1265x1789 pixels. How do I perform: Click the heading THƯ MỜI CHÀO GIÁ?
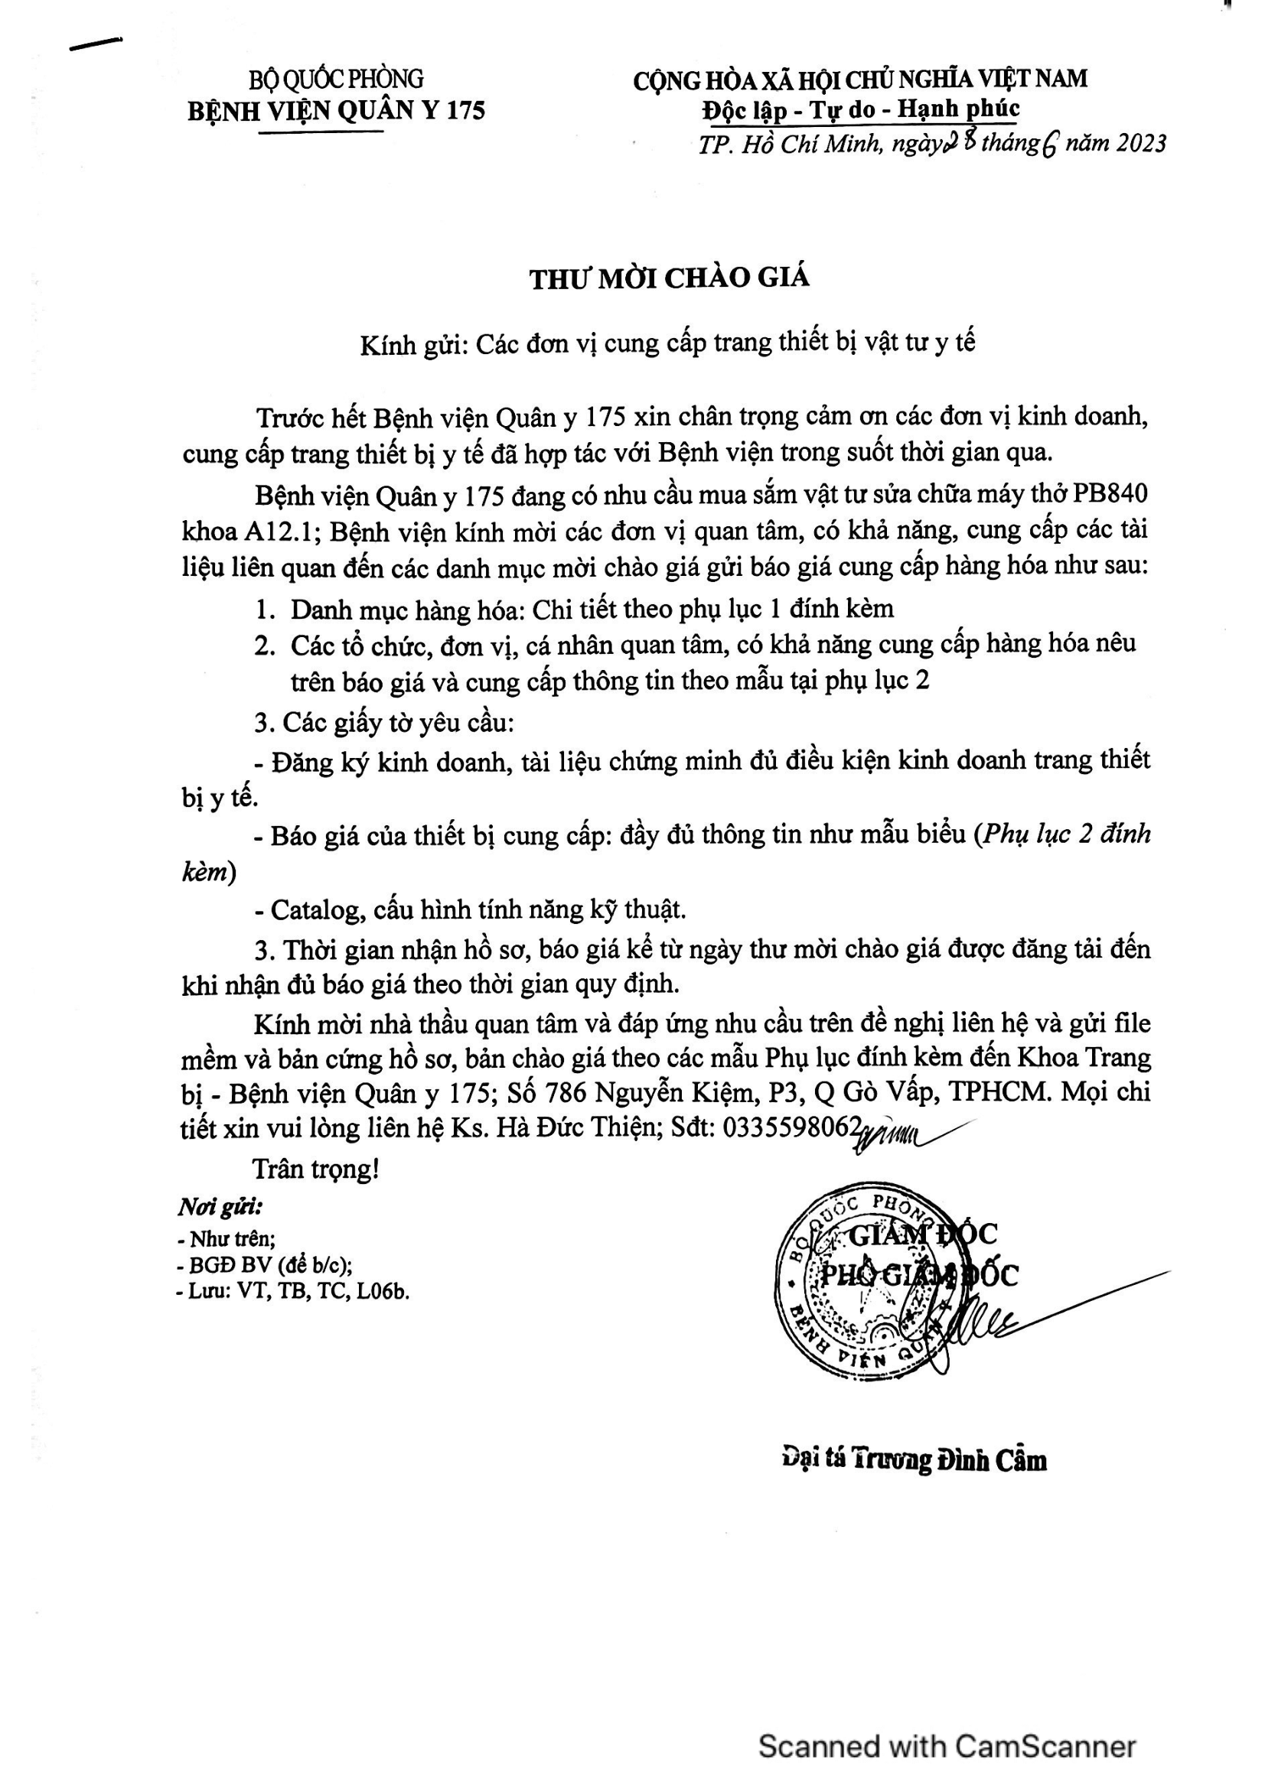click(670, 278)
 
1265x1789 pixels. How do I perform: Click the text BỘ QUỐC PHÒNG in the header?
click(336, 79)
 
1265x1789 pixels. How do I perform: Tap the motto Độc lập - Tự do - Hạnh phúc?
click(860, 109)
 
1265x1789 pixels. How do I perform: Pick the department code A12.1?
click(279, 532)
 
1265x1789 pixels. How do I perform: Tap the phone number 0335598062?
click(792, 1127)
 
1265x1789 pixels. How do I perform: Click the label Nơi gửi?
click(220, 1208)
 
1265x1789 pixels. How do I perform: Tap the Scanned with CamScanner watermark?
click(947, 1746)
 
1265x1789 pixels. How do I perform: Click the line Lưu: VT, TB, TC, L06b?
click(293, 1291)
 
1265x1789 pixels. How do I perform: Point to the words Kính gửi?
click(413, 343)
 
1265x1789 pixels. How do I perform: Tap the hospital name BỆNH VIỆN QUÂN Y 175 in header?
click(336, 111)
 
